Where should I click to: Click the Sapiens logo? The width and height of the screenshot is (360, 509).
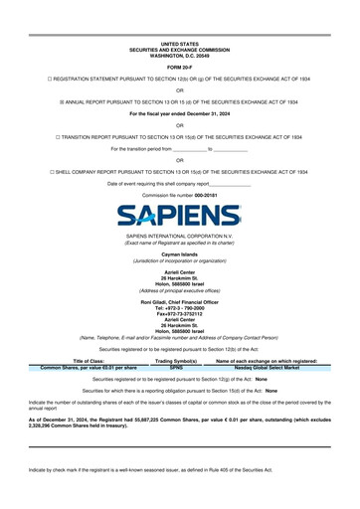pyautogui.click(x=179, y=211)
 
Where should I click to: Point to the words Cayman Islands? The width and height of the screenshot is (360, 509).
pyautogui.click(x=179, y=254)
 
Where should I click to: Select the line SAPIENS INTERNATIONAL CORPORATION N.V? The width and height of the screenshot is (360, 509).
pyautogui.click(x=179, y=237)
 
